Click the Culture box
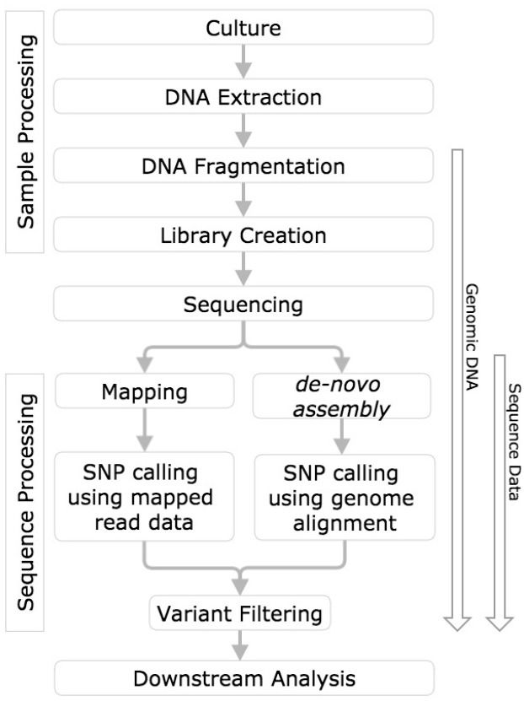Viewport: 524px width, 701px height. coord(243,27)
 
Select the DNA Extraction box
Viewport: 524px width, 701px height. coord(243,96)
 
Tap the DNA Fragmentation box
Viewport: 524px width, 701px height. coord(243,165)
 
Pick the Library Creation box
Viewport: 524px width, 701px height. coord(243,235)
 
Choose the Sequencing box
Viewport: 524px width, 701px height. coord(243,304)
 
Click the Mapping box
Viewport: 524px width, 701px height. coord(145,391)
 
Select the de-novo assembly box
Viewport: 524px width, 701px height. coord(342,396)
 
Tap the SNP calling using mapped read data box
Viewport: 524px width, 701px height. coord(144,496)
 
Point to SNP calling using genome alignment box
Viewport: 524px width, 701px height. coord(345,497)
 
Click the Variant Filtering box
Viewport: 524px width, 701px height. coord(240,613)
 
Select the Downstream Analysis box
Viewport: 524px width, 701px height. coord(244,677)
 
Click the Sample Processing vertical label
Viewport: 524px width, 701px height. coord(25,132)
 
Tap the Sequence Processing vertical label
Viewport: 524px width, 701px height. coord(25,502)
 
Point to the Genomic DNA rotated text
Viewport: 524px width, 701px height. coord(471,337)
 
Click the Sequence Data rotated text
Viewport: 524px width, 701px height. coord(514,442)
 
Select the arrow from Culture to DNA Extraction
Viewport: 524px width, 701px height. coord(243,62)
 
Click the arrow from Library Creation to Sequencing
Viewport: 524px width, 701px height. coord(243,269)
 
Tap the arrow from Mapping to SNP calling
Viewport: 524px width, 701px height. coord(145,429)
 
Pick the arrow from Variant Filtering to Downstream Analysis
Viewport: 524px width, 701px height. coord(240,645)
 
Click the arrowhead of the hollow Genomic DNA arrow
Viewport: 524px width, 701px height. coord(457,623)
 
